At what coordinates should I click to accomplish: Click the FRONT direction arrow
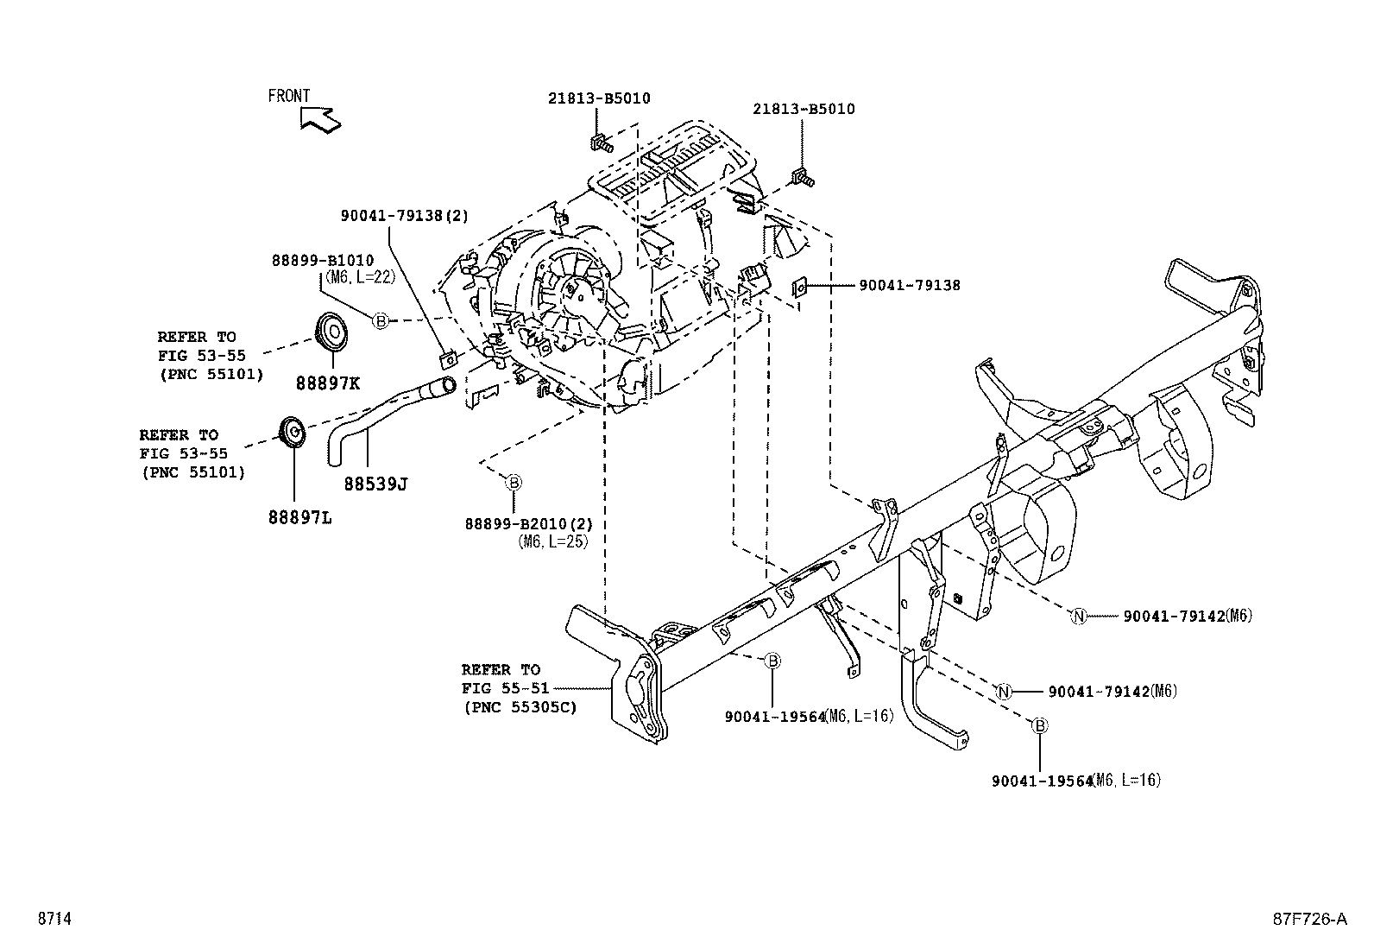[320, 119]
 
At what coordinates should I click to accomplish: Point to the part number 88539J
[375, 484]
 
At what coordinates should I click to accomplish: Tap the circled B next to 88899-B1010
[381, 320]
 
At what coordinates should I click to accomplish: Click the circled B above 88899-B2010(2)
[513, 482]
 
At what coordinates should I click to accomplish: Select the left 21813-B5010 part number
[598, 98]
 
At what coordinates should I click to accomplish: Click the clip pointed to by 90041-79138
[800, 285]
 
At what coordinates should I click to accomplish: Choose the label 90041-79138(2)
[404, 217]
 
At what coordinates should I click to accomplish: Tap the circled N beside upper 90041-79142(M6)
[1078, 616]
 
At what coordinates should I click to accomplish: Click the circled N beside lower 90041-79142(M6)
[1003, 692]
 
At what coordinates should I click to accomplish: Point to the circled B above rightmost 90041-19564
[1040, 726]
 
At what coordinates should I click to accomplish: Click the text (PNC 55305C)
[518, 707]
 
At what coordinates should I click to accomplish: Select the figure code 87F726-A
[1308, 919]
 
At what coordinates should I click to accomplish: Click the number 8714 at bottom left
[54, 919]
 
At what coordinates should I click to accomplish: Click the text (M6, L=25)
[552, 541]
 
